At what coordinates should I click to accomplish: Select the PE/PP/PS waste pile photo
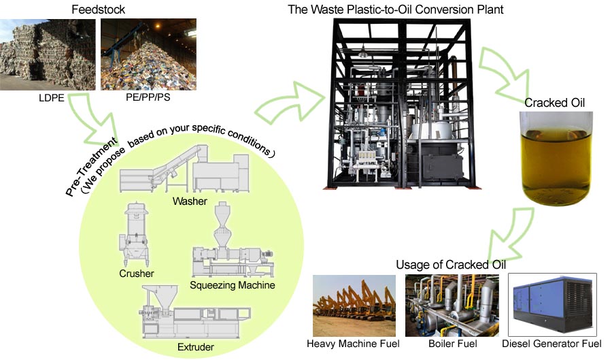pyautogui.click(x=148, y=54)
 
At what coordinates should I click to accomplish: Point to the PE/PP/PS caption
pyautogui.click(x=148, y=99)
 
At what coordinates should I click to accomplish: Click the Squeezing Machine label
pyautogui.click(x=233, y=285)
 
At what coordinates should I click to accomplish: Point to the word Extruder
pyautogui.click(x=196, y=347)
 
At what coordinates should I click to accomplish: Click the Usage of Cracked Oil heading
pyautogui.click(x=442, y=264)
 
